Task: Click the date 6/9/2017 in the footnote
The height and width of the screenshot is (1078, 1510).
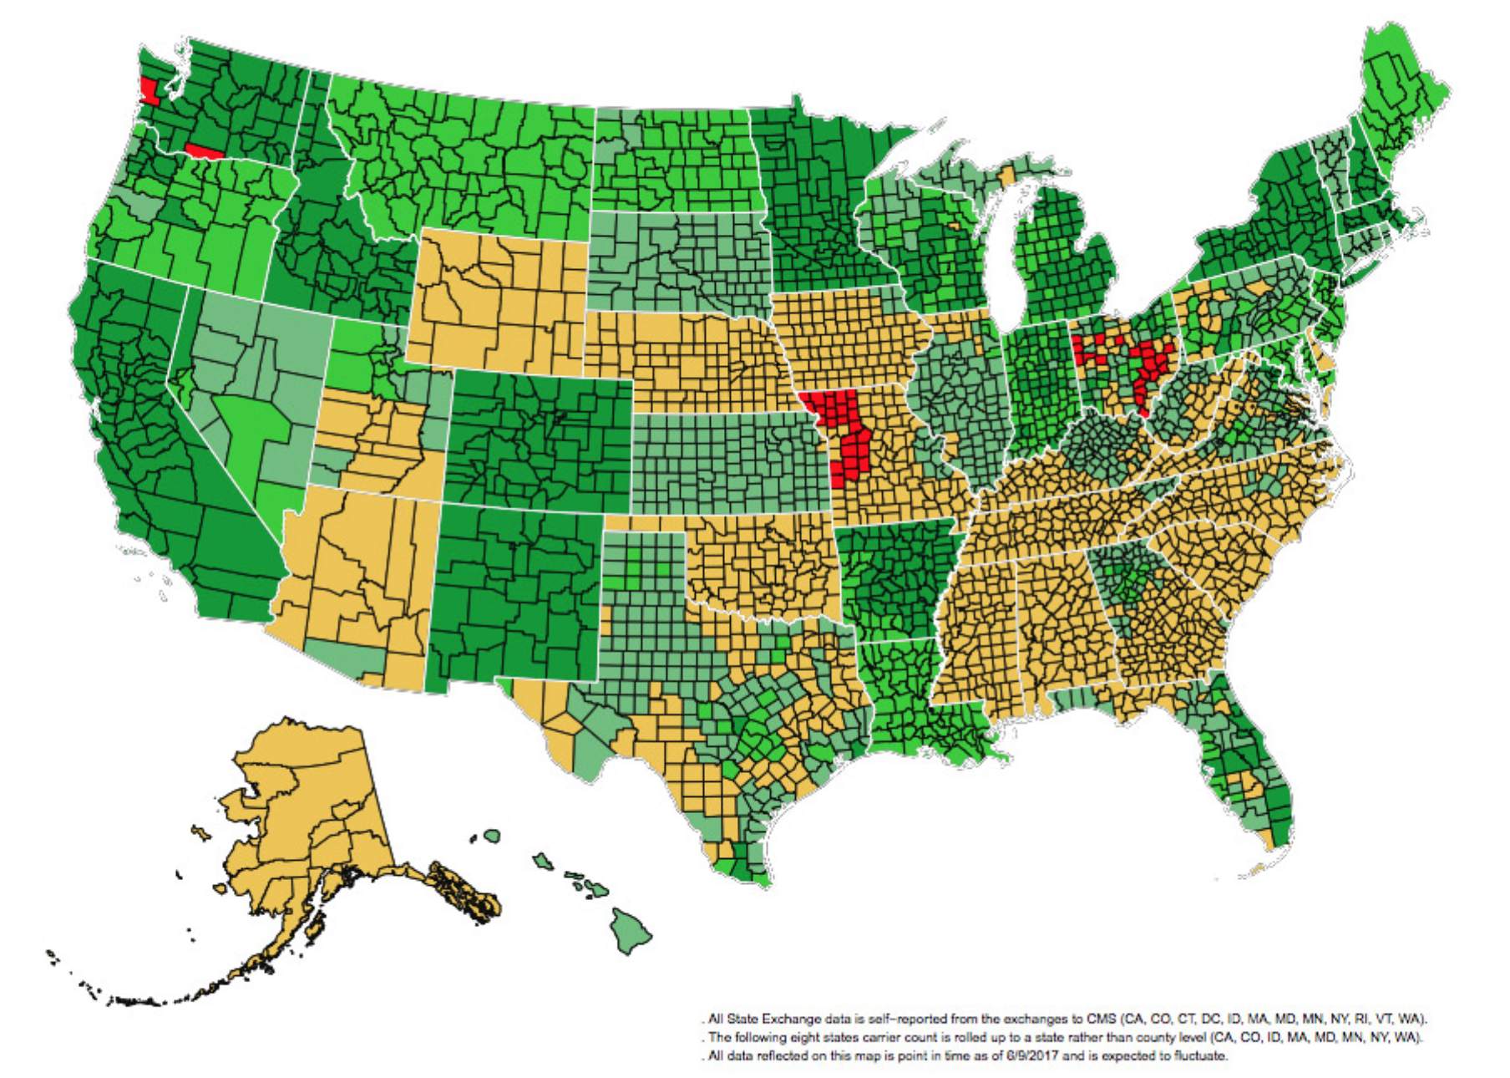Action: [x=1031, y=1056]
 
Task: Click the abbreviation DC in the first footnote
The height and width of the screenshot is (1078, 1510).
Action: [x=1212, y=1020]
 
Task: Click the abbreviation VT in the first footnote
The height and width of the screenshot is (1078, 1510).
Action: [x=1384, y=1020]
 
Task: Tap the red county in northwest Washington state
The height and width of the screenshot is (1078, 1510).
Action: [x=149, y=90]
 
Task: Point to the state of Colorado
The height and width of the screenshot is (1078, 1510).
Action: [x=539, y=443]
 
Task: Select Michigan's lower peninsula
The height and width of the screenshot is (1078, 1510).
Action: [x=1065, y=259]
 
